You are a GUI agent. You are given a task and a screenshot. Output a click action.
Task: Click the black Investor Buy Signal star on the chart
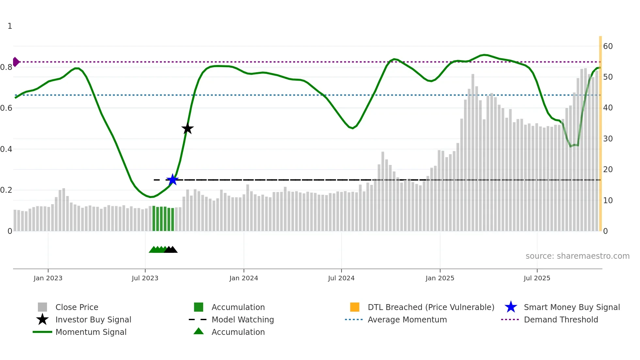click(x=187, y=128)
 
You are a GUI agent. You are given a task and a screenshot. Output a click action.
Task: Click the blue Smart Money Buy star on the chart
click(x=172, y=180)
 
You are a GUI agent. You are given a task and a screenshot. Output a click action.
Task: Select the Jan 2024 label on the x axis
click(x=244, y=278)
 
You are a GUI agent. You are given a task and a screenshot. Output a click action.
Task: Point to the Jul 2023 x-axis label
click(x=145, y=278)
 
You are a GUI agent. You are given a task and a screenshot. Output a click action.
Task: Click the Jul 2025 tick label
click(x=537, y=278)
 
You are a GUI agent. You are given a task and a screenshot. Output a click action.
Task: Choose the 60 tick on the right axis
click(x=608, y=46)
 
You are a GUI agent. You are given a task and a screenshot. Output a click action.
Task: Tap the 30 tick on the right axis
click(x=608, y=139)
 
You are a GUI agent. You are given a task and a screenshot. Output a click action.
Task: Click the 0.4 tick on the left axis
click(x=6, y=149)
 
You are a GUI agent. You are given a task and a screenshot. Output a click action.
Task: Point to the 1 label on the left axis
click(x=10, y=26)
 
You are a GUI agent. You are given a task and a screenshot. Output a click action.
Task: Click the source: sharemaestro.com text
click(x=577, y=256)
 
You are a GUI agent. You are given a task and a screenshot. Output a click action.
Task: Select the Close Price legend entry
click(x=77, y=307)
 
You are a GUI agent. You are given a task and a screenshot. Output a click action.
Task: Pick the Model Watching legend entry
click(x=243, y=319)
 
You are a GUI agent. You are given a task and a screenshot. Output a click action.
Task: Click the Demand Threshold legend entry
click(x=561, y=319)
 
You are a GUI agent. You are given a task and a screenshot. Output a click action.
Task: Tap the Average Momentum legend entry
click(x=407, y=319)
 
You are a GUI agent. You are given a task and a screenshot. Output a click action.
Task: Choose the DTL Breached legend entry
click(x=431, y=307)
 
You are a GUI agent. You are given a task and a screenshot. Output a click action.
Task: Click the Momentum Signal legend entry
click(x=91, y=332)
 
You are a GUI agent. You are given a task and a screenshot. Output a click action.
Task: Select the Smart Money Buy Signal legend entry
click(x=571, y=307)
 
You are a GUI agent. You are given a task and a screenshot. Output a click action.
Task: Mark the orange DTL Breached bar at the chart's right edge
click(x=600, y=134)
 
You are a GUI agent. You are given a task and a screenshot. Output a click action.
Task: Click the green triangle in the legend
click(x=199, y=331)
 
